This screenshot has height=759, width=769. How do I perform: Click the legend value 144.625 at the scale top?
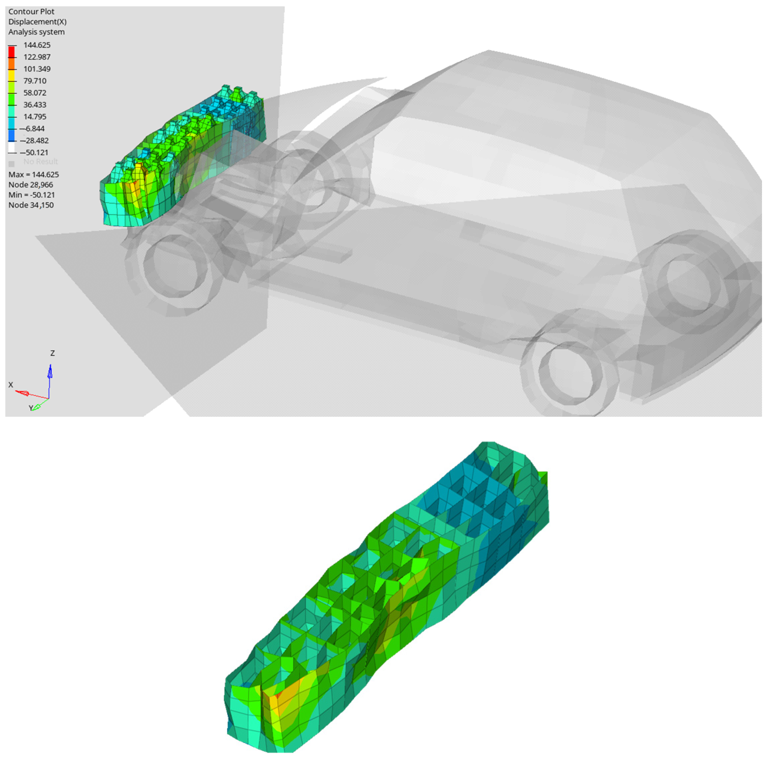tap(37, 45)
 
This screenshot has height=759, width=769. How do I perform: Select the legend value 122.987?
tap(37, 57)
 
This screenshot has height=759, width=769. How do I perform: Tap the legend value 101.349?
tap(37, 69)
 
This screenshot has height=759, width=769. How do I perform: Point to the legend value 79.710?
tap(35, 81)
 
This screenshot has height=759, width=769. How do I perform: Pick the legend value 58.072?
tap(35, 93)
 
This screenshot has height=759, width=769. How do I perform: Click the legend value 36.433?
tap(35, 105)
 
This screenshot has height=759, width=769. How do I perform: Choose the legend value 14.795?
tap(35, 117)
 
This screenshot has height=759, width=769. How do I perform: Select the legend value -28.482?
tap(34, 141)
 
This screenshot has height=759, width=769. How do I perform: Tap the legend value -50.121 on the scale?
tap(34, 153)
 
